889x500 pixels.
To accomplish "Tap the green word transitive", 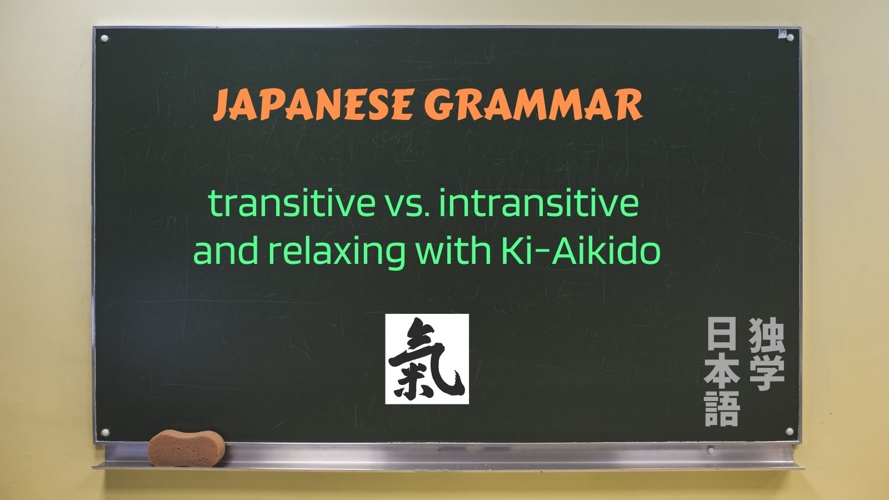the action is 292,203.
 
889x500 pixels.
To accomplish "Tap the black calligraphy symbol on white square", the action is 427,359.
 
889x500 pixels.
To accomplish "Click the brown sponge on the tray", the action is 186,448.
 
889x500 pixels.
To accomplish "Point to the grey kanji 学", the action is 767,373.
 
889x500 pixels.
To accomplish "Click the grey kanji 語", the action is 722,409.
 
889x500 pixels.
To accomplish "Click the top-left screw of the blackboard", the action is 104,39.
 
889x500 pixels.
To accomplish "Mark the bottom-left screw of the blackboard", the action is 105,432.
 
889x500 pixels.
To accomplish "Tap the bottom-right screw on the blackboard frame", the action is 790,431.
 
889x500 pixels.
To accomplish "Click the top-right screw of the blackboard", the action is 790,38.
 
